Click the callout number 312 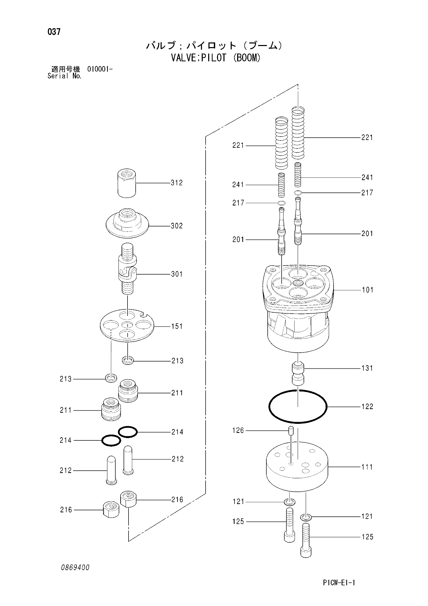[177, 183]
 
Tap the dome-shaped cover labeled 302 [127, 223]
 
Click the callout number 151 [177, 327]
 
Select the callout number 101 [367, 290]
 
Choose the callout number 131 [367, 368]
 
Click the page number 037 [54, 32]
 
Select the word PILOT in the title [214, 58]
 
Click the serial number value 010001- [100, 69]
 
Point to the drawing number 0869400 [75, 567]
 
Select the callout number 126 [238, 431]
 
